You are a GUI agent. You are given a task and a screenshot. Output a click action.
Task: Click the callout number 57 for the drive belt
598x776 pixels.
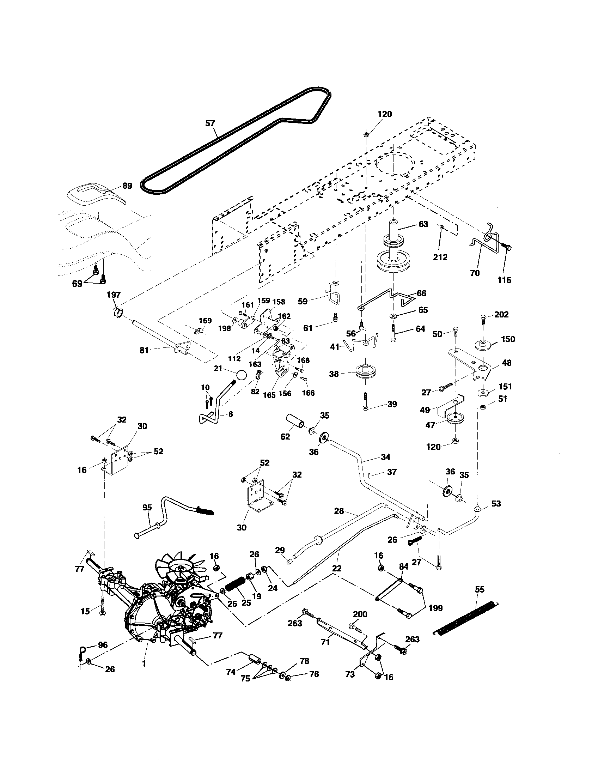(x=210, y=123)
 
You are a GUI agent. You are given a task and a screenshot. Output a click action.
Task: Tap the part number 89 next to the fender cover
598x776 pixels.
(x=127, y=186)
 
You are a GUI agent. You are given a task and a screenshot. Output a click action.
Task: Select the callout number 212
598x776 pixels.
(x=440, y=257)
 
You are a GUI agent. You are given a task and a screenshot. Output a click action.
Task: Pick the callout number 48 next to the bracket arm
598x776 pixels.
(x=507, y=363)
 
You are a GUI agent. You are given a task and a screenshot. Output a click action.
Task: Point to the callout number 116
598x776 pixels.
(x=504, y=280)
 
